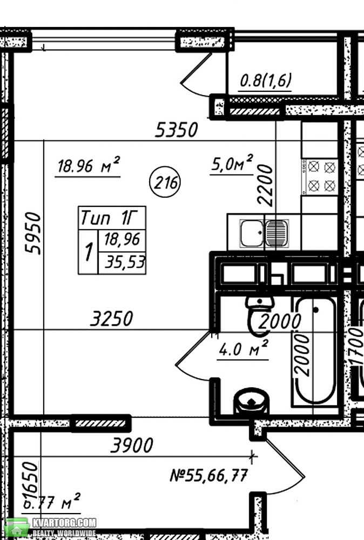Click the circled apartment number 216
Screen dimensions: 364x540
point(165,182)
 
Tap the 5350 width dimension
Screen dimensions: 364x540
point(176,130)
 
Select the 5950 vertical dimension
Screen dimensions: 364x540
point(33,233)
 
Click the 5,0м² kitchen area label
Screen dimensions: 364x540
point(232,163)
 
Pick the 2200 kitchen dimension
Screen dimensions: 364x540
point(266,185)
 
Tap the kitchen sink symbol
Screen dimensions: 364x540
point(264,233)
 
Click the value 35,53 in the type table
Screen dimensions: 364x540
point(125,262)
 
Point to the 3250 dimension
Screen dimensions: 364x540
point(111,318)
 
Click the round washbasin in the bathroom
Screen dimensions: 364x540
point(252,401)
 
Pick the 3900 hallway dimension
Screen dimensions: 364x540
point(132,446)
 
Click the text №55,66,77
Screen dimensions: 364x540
point(208,475)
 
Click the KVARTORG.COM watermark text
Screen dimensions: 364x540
point(64,523)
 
